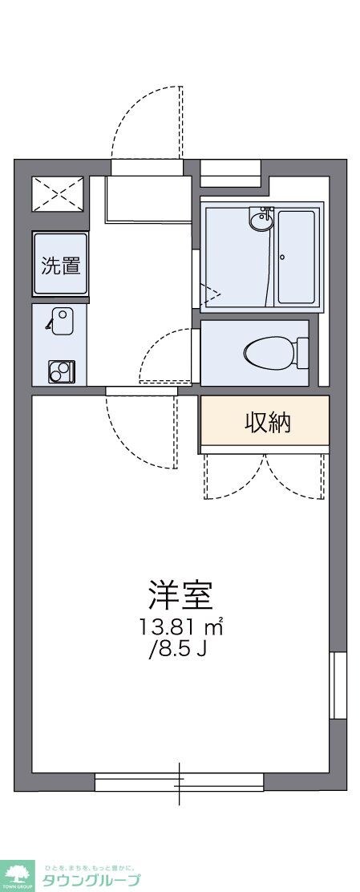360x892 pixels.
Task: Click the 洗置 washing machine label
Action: click(x=60, y=265)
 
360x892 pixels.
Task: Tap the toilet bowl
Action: click(x=269, y=352)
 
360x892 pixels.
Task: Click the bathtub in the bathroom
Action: click(x=297, y=257)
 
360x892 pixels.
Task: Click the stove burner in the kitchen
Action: click(x=60, y=371)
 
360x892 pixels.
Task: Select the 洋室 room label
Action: click(x=180, y=594)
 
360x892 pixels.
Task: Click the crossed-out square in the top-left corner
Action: click(x=58, y=193)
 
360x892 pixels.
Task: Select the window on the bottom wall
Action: click(x=179, y=780)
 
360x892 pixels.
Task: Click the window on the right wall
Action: click(x=338, y=685)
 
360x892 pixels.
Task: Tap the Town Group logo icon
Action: click(x=18, y=875)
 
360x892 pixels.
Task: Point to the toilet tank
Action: click(x=302, y=352)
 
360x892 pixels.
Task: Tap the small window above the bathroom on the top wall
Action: click(x=230, y=168)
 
